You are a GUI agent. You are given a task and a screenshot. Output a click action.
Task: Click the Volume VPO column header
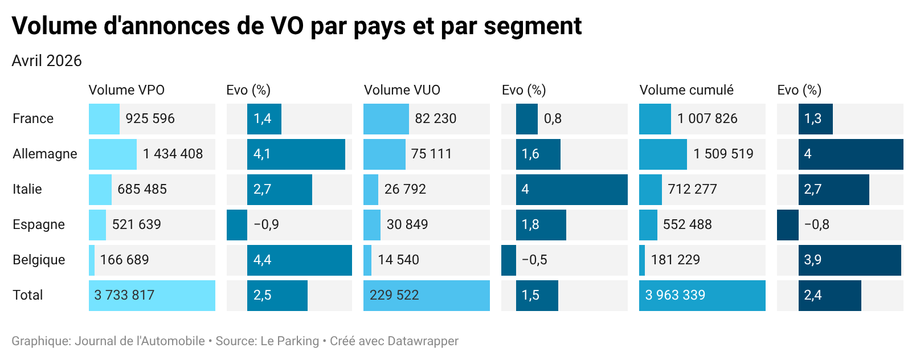click(x=126, y=90)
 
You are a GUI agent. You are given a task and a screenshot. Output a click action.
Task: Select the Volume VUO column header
click(x=402, y=90)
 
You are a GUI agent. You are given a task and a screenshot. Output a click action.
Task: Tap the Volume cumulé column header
click(x=686, y=90)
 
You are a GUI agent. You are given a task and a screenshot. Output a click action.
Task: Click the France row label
click(x=33, y=118)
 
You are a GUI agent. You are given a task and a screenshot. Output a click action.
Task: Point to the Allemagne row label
click(x=45, y=154)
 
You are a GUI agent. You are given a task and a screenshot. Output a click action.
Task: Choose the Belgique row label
click(x=39, y=260)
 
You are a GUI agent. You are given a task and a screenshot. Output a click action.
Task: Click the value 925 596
click(x=150, y=118)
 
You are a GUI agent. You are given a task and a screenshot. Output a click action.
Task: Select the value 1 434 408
click(x=173, y=154)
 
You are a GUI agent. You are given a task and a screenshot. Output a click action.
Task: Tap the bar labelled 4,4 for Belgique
click(x=299, y=260)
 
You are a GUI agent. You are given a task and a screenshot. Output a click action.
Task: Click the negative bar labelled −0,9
click(x=237, y=224)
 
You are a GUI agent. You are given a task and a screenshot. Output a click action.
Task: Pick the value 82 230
click(x=435, y=118)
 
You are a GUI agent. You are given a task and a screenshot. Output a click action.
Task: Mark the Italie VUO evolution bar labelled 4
click(x=571, y=189)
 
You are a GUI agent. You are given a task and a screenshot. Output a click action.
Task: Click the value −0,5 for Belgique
click(x=534, y=260)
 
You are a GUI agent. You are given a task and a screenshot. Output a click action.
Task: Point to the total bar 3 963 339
click(x=702, y=295)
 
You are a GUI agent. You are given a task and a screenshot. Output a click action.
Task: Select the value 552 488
click(x=687, y=224)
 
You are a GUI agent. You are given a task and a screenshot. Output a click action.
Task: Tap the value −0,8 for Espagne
click(x=816, y=224)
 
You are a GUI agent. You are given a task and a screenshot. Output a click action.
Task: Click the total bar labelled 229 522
click(x=426, y=295)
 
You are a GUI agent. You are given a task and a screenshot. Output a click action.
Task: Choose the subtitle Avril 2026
click(x=47, y=61)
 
